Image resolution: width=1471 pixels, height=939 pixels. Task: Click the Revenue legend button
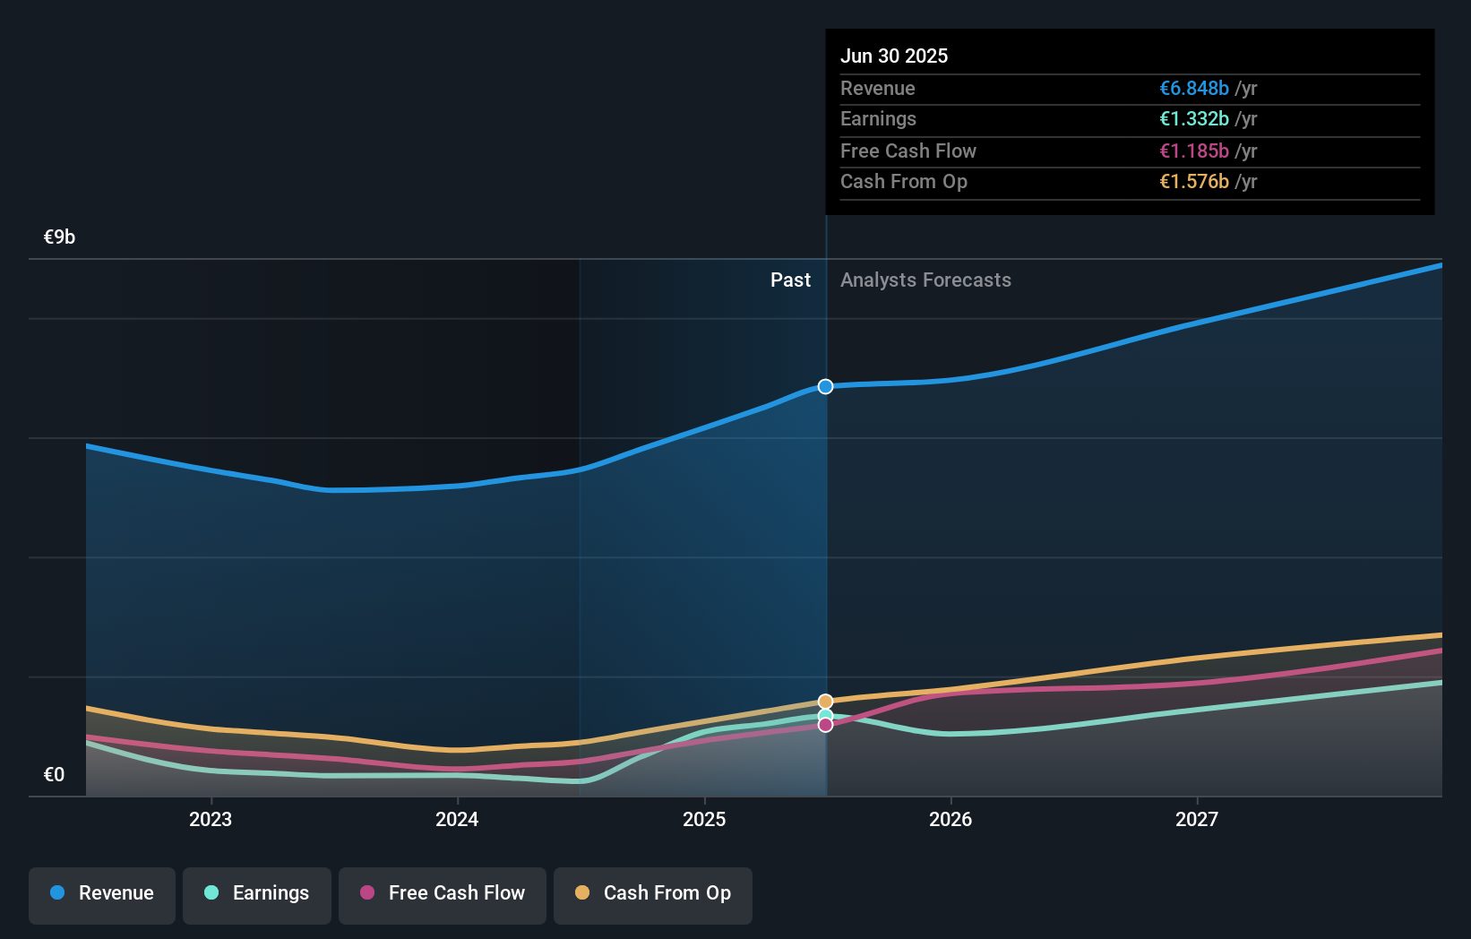tap(102, 894)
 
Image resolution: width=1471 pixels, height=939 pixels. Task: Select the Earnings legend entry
tap(257, 894)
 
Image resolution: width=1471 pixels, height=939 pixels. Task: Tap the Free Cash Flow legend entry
tap(443, 894)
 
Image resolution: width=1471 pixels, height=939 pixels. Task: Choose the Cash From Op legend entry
tap(653, 894)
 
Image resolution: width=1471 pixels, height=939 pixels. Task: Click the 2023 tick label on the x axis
tap(211, 820)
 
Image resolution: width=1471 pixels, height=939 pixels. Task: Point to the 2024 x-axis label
tap(457, 820)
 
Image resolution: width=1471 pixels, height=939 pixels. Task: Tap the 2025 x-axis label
tap(704, 820)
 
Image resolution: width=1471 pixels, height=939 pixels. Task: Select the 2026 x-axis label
tap(951, 820)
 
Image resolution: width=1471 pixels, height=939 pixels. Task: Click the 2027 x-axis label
tap(1197, 820)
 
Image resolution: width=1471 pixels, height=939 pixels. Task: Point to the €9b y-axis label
tap(60, 237)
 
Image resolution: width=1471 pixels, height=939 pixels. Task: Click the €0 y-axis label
tap(55, 775)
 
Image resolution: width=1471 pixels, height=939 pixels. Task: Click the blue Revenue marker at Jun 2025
tap(826, 387)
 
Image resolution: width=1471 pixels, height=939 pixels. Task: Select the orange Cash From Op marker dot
tap(826, 702)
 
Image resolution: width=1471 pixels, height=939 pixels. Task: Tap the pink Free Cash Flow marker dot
tap(826, 725)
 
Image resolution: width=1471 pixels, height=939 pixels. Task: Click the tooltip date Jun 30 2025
tap(894, 56)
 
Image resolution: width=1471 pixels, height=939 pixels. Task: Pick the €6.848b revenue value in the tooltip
tap(1194, 89)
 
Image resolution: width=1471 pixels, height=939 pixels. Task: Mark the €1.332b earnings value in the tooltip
tap(1194, 119)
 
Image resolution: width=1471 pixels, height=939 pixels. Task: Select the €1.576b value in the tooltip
tap(1194, 182)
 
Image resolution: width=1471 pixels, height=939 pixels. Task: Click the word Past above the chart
tap(790, 280)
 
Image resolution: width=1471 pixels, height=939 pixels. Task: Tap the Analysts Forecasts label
tap(925, 280)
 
